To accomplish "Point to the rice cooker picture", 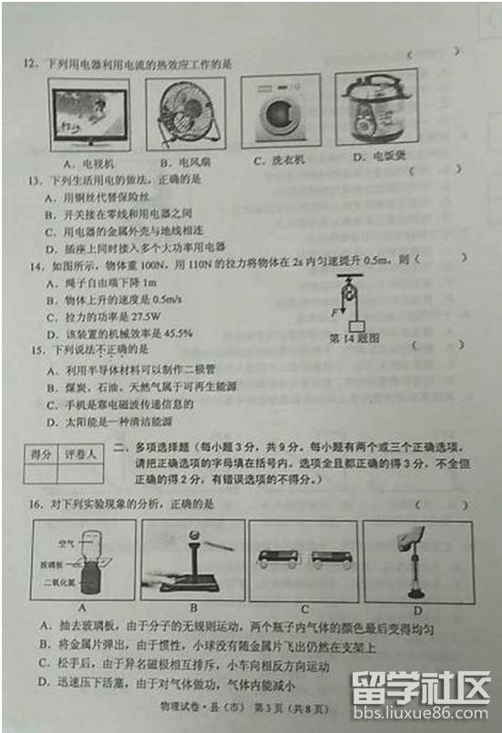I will (x=375, y=107).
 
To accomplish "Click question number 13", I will (x=34, y=179).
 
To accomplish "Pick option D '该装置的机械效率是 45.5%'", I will (x=118, y=333).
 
